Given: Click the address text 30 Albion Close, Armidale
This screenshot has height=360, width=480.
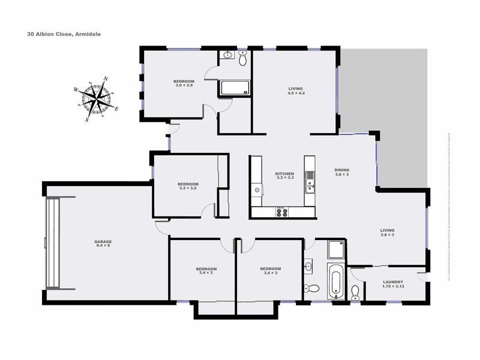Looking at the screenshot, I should pos(63,34).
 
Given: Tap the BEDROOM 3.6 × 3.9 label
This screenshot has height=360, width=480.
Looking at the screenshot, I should pos(184,83).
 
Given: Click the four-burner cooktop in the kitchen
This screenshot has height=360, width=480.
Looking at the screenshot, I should pos(281,211).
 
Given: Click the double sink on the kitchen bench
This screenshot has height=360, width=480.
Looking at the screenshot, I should pos(310,182).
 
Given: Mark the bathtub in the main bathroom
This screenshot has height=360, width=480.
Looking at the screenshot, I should pos(335,281).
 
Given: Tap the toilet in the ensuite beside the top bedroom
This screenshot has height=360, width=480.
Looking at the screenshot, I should pos(243,58).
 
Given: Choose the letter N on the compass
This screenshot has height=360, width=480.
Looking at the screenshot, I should pos(106,79).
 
